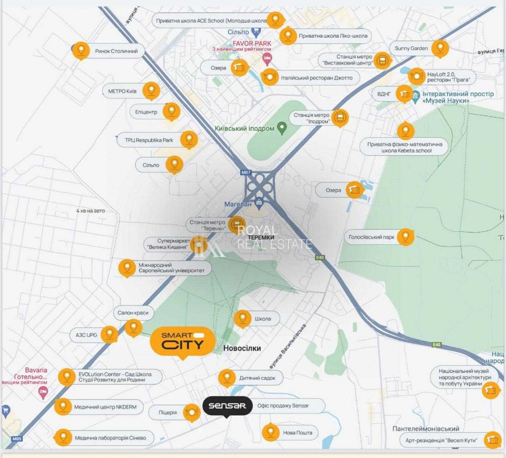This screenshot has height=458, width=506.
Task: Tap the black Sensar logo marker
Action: pyautogui.click(x=227, y=405)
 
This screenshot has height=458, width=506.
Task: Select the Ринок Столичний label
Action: pyautogui.click(x=116, y=51)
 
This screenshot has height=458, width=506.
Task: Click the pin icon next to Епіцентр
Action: pyautogui.click(x=172, y=112)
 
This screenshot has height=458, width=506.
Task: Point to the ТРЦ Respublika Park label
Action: pyautogui.click(x=145, y=140)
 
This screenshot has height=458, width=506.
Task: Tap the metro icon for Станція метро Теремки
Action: pyautogui.click(x=237, y=224)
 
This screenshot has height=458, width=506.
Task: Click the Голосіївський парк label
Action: pyautogui.click(x=371, y=237)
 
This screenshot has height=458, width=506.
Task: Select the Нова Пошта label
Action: pyautogui.click(x=298, y=433)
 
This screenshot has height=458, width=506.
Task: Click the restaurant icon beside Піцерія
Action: pyautogui.click(x=192, y=413)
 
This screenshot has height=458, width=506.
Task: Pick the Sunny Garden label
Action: pyautogui.click(x=411, y=48)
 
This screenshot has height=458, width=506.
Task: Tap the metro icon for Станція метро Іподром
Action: pyautogui.click(x=341, y=118)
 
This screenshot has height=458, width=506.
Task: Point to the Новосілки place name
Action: pyautogui.click(x=242, y=348)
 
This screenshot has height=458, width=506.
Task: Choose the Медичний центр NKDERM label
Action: pyautogui.click(x=105, y=407)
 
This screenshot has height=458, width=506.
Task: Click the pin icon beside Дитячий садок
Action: pyautogui.click(x=226, y=378)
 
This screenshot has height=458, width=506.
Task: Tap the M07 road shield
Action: pyautogui.click(x=246, y=173)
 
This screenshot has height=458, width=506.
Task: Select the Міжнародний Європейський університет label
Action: pyautogui.click(x=172, y=268)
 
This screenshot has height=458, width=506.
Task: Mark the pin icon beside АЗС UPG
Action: pyautogui.click(x=109, y=334)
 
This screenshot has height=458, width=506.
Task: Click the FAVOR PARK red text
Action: pyautogui.click(x=251, y=43)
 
